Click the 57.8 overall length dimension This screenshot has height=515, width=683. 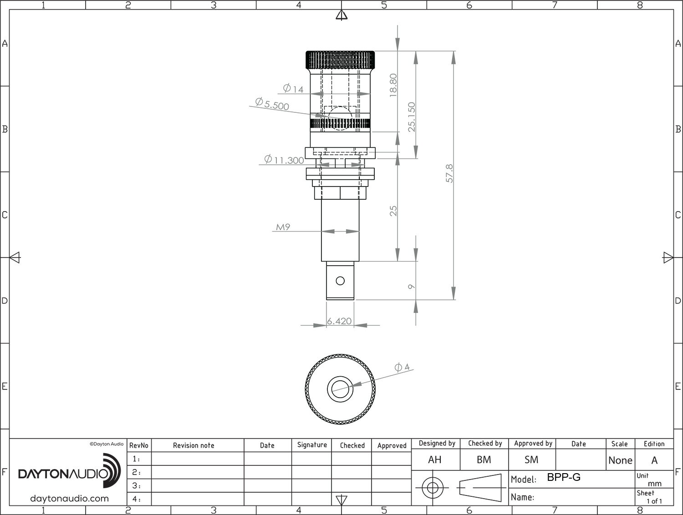coord(449,173)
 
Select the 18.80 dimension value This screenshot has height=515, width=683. coord(393,85)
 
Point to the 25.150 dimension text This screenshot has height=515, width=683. coord(412,117)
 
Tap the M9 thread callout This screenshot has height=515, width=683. coord(283,227)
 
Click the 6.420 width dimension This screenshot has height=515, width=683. coord(339,321)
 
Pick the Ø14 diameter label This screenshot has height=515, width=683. coord(293,89)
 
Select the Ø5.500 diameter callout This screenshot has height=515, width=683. coord(272,104)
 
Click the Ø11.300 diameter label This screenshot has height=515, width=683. coord(284,159)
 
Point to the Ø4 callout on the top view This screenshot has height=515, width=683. coord(402,367)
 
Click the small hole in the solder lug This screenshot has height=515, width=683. coord(340,281)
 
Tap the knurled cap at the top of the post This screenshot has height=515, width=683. coord(340,60)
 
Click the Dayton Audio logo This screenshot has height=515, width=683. coord(69,470)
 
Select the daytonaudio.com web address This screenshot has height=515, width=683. coord(69,499)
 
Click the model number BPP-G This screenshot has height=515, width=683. coord(564,477)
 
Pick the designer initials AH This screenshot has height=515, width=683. coord(435,459)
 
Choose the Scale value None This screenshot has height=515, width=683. coord(620,460)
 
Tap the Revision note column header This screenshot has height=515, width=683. coord(194,445)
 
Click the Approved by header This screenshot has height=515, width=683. coord(533,444)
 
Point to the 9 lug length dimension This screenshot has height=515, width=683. coord(411,287)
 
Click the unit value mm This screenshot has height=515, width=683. coord(655,484)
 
